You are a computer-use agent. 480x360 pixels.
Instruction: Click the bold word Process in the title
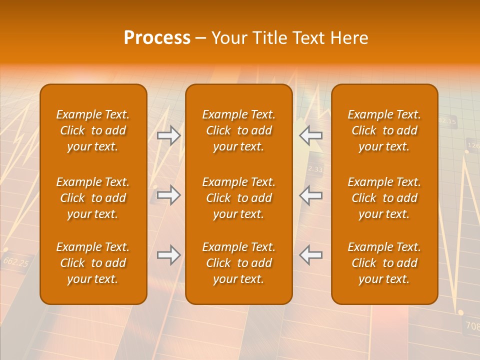[x=157, y=38]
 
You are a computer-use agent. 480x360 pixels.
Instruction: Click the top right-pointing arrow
[x=168, y=135]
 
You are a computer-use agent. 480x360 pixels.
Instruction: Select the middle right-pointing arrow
[x=168, y=195]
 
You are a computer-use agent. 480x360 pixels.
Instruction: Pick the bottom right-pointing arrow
[x=168, y=255]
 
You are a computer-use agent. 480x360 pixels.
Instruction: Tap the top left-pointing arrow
[x=310, y=135]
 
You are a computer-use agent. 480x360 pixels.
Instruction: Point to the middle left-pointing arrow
[x=310, y=195]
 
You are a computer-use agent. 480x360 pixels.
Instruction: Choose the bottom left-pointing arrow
[x=310, y=255]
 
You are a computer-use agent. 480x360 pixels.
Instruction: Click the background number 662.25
[x=15, y=261]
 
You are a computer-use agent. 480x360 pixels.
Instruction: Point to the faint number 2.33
[x=315, y=169]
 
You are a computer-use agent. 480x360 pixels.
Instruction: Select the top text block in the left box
[x=93, y=130]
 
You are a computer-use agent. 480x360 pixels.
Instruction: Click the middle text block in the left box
[x=93, y=198]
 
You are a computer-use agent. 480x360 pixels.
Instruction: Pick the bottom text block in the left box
[x=93, y=263]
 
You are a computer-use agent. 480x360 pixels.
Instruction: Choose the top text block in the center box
[x=239, y=130]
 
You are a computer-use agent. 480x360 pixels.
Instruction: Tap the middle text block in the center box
[x=239, y=198]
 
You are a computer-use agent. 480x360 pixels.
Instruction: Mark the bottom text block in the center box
[x=239, y=263]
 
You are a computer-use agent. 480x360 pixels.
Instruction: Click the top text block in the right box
[x=384, y=130]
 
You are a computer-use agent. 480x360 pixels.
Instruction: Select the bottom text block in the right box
[x=384, y=263]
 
